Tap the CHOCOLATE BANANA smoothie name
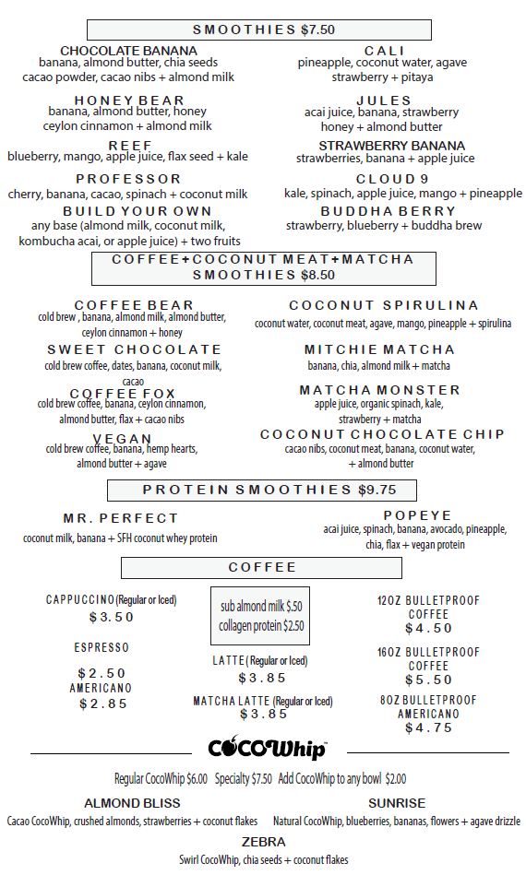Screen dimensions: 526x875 pos(128,50)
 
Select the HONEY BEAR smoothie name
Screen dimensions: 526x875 pos(129,101)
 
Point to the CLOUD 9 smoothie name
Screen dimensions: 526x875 pos(392,179)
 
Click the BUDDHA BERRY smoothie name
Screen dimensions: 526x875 pos(392,211)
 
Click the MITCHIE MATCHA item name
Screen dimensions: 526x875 pos(379,349)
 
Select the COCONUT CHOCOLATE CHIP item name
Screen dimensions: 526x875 pos(382,434)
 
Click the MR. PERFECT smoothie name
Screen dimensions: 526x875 pos(120,518)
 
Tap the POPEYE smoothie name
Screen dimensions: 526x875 pos(417,515)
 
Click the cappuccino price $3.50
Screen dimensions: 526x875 pos(112,617)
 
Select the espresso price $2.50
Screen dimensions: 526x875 pos(102,673)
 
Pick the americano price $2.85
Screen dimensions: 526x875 pos(102,704)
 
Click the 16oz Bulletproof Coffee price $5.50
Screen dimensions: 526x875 pos(428,680)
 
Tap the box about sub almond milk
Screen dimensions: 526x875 pos(260,616)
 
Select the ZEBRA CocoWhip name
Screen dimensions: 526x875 pos(263,842)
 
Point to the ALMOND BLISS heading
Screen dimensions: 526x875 pos(132,803)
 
